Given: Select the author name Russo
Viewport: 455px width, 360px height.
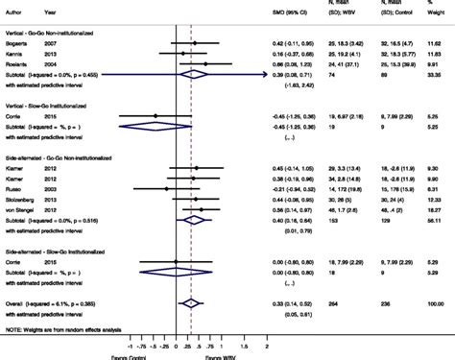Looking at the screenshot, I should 18,189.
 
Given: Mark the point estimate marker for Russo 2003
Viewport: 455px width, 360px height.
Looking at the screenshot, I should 166,189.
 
